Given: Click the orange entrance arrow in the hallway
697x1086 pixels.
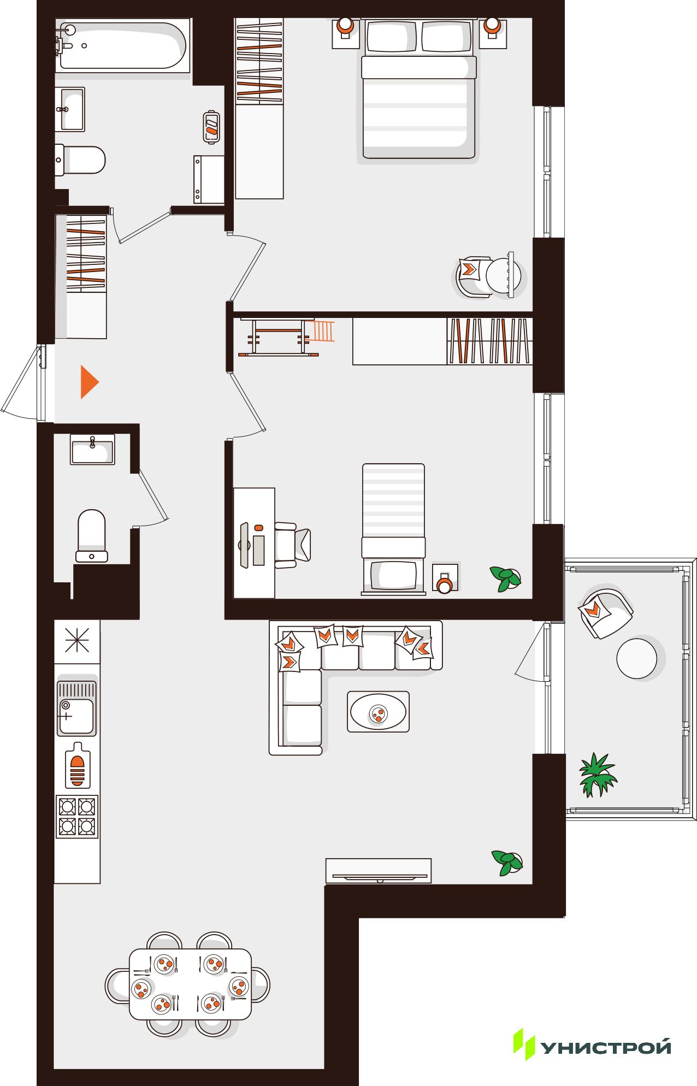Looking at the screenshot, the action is click(89, 382).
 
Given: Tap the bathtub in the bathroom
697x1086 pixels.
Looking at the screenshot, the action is click(122, 45).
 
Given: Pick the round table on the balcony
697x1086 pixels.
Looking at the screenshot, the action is click(636, 658).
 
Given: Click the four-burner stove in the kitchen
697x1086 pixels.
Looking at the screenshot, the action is click(77, 816).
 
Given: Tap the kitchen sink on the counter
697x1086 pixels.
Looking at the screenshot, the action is click(77, 708).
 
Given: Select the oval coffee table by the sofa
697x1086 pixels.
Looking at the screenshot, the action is click(378, 711).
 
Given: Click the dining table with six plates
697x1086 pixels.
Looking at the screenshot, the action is click(190, 984).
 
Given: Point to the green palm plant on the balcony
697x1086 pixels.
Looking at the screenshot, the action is click(598, 775).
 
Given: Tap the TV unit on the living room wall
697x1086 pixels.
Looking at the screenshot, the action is click(378, 871).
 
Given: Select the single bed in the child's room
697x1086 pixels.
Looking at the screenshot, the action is click(393, 529).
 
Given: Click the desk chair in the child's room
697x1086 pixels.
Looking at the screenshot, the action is click(293, 545).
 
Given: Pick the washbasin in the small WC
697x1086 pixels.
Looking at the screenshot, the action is click(92, 449).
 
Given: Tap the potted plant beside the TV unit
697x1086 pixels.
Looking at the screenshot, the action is click(507, 863).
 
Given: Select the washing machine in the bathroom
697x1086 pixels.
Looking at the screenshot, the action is click(209, 179).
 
